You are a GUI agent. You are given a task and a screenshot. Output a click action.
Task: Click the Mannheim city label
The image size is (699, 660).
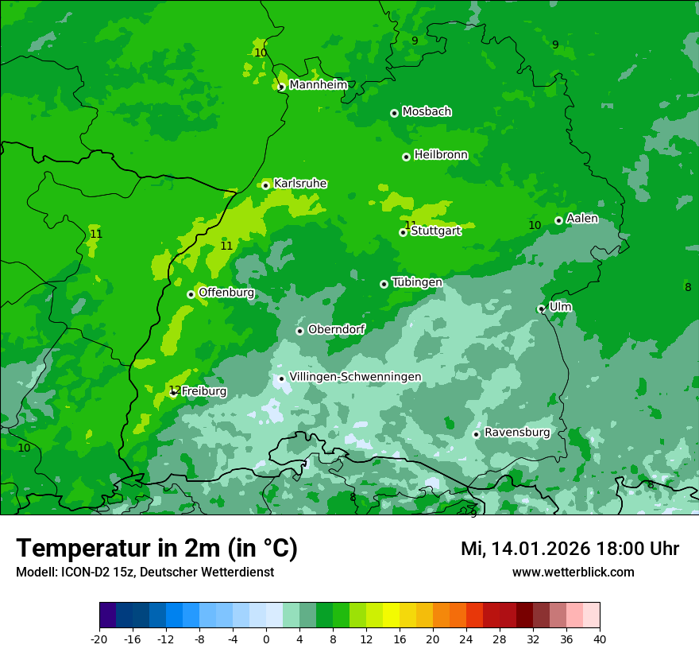point(318,85)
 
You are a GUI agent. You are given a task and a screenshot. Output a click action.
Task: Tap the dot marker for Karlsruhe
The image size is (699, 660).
point(266,185)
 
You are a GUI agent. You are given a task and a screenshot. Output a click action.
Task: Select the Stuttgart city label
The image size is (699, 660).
point(435,231)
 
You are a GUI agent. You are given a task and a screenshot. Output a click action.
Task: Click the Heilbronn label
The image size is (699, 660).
point(441,155)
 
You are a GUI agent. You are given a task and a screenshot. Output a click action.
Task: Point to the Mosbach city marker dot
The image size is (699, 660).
point(394,113)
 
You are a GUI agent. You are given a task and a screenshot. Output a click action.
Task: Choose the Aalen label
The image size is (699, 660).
point(582,219)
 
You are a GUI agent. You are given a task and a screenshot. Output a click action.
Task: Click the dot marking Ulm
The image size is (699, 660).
point(542,309)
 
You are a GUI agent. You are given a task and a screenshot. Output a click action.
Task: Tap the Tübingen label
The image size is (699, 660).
point(417,282)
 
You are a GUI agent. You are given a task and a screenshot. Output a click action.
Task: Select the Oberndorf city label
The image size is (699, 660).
point(336,329)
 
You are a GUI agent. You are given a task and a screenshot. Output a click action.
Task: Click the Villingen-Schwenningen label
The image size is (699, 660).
point(355,377)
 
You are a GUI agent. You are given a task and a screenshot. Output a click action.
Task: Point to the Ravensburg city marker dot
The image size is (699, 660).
point(477,434)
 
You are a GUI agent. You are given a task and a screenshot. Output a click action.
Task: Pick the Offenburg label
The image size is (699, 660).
point(226,293)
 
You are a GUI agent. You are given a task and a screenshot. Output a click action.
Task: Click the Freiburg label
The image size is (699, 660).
point(203,391)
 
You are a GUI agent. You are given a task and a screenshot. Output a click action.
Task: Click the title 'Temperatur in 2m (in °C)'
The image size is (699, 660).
point(156,548)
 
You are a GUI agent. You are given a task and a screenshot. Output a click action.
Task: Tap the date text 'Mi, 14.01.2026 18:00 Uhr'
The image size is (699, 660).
point(570,549)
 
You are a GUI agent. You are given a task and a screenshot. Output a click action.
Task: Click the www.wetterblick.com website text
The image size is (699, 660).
point(573,572)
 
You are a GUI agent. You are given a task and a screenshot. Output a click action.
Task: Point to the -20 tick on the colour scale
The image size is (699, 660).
point(99,639)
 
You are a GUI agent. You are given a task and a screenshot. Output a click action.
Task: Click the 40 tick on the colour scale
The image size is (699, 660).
point(600,639)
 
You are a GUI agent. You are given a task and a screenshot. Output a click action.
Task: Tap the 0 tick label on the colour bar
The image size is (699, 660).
point(266,639)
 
